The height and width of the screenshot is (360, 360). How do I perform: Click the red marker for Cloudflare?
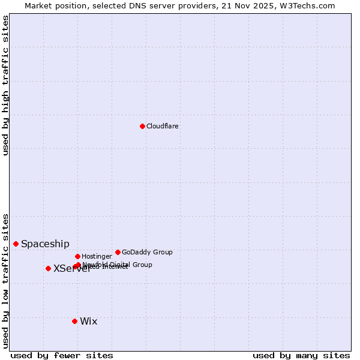(x=142, y=126)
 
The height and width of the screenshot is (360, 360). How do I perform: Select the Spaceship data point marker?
(x=16, y=244)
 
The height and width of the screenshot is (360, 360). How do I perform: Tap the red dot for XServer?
(x=48, y=268)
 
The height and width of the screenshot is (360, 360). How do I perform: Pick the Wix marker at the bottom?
(x=74, y=321)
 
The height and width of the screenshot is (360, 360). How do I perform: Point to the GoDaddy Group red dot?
(x=118, y=252)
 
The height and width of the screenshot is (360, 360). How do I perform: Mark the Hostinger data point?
(x=77, y=256)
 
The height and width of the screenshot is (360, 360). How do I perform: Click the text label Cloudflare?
(x=162, y=126)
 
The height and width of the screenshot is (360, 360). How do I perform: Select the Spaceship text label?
(x=45, y=244)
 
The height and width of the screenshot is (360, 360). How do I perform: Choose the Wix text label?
(x=88, y=321)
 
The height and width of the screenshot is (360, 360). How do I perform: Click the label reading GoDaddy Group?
(x=147, y=252)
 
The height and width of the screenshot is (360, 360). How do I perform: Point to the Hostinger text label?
(x=97, y=256)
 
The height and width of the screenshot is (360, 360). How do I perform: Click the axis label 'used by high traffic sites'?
(x=6, y=85)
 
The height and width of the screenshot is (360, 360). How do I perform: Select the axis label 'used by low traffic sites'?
(x=6, y=280)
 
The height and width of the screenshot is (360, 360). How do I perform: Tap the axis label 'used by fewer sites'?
(x=62, y=355)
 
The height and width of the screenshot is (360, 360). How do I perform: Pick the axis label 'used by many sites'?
(x=301, y=355)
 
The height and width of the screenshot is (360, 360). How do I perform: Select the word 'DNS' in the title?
(x=139, y=5)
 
